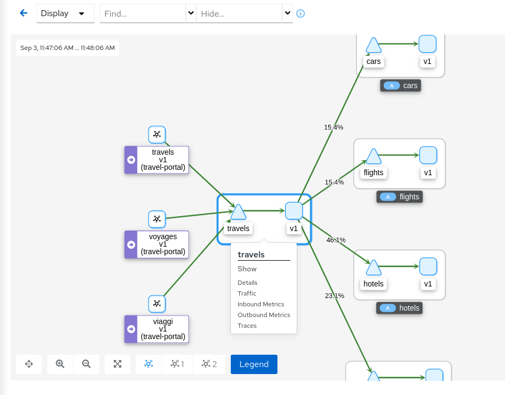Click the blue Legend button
click(x=254, y=364)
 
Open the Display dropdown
click(x=65, y=13)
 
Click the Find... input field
click(x=143, y=13)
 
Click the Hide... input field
click(x=239, y=13)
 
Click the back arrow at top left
click(x=23, y=13)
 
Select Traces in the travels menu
click(x=247, y=326)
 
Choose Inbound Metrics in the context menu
click(x=261, y=304)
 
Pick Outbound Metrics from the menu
click(x=264, y=315)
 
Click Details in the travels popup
click(x=247, y=283)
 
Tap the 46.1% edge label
click(x=336, y=240)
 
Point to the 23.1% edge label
click(x=334, y=296)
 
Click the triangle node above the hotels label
click(x=373, y=268)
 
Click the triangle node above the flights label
click(x=373, y=157)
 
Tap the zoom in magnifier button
click(x=60, y=364)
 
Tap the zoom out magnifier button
click(x=86, y=364)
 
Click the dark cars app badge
click(x=400, y=85)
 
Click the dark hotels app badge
click(x=400, y=308)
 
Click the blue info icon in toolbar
click(x=301, y=13)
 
